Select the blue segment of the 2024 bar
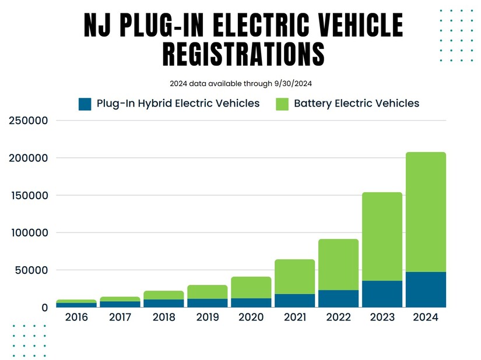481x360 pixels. click(x=426, y=290)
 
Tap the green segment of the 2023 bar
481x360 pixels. click(x=382, y=237)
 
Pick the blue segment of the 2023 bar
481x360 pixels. click(x=382, y=294)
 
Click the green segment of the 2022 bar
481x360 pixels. click(x=338, y=264)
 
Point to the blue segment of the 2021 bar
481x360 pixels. click(x=294, y=301)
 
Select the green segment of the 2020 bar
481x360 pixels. click(x=251, y=287)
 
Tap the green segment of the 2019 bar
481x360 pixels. click(x=207, y=292)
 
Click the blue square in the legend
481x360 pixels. click(x=85, y=104)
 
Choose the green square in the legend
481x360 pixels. click(x=282, y=104)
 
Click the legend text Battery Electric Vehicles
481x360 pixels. click(x=356, y=104)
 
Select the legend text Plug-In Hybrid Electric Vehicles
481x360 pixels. click(x=178, y=104)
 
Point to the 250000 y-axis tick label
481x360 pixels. click(x=28, y=121)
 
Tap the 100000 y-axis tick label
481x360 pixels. click(x=28, y=232)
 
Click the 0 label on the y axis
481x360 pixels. click(x=43, y=307)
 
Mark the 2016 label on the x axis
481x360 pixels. click(x=76, y=318)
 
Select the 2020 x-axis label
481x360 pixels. click(x=251, y=318)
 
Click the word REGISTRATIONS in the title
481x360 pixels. click(x=243, y=54)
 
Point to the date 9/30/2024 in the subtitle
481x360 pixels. click(x=295, y=83)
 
